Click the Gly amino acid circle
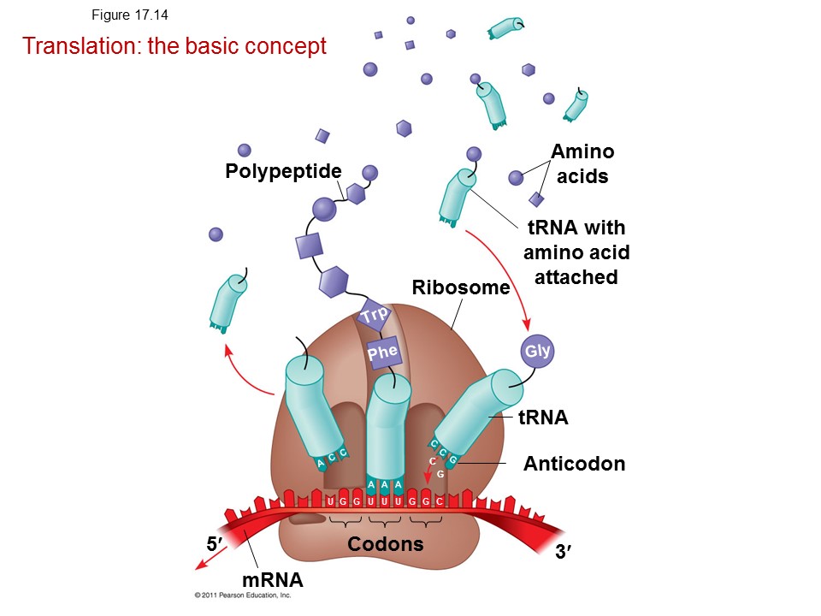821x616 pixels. (537, 351)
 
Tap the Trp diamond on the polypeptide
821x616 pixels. (375, 315)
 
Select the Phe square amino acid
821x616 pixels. (383, 352)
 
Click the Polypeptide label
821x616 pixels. (283, 171)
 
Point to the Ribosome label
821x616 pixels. (461, 287)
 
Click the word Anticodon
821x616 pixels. (575, 464)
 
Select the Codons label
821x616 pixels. (386, 544)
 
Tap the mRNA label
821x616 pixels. (272, 580)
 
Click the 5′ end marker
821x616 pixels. (214, 544)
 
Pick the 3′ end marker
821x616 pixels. (564, 552)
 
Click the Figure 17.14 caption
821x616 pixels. (130, 15)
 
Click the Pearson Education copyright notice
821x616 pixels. (242, 595)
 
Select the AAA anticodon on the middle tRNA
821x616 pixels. (385, 485)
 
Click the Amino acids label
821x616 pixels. (582, 164)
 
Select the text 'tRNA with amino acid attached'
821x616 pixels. (576, 252)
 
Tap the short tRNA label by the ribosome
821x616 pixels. (543, 418)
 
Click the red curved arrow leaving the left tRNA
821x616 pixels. (241, 375)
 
